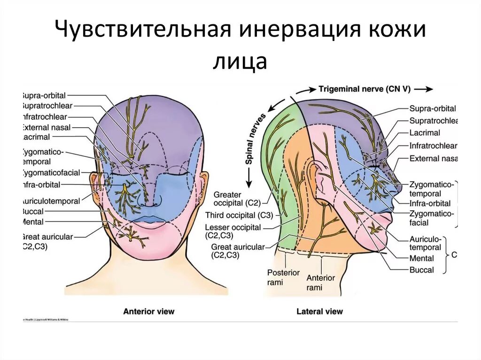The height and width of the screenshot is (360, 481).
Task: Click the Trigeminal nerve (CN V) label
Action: point(364,89)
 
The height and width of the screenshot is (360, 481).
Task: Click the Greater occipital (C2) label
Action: point(233,199)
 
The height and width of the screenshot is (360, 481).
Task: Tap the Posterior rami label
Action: point(283,277)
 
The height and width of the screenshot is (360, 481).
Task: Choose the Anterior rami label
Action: point(321,282)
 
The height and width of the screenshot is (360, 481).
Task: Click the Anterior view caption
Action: point(148,311)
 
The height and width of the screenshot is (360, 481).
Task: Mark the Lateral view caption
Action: point(319,311)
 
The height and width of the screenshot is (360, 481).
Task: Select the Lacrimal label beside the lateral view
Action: point(424,133)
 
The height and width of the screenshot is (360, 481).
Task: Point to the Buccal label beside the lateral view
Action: point(421,270)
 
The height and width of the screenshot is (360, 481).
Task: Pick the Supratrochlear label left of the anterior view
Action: point(47,106)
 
